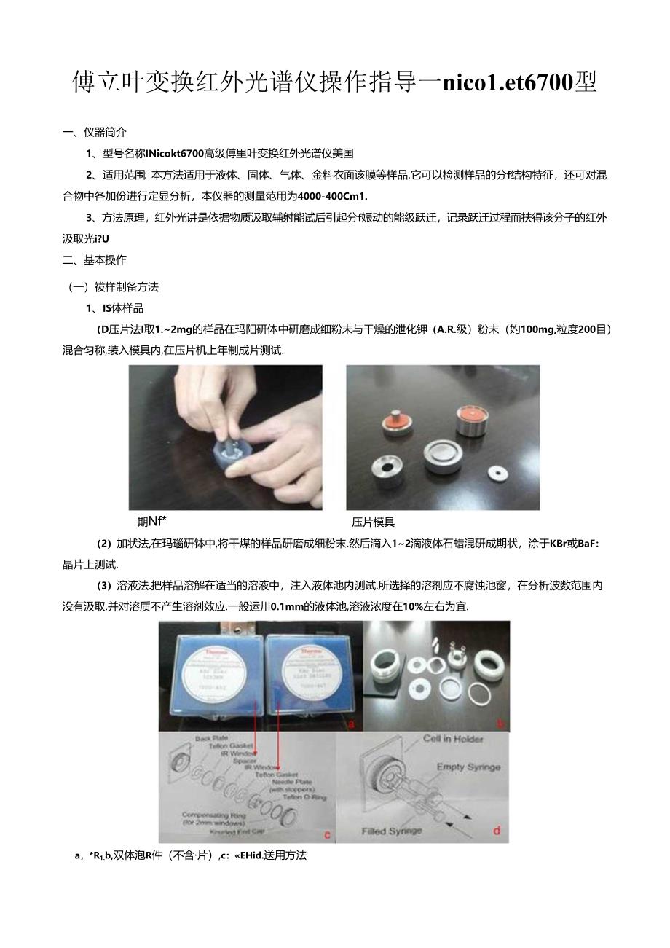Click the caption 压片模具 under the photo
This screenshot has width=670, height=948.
click(x=373, y=522)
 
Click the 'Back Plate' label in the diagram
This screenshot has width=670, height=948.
click(x=211, y=739)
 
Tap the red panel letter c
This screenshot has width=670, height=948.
click(x=327, y=834)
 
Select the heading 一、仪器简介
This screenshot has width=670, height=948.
click(x=95, y=132)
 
